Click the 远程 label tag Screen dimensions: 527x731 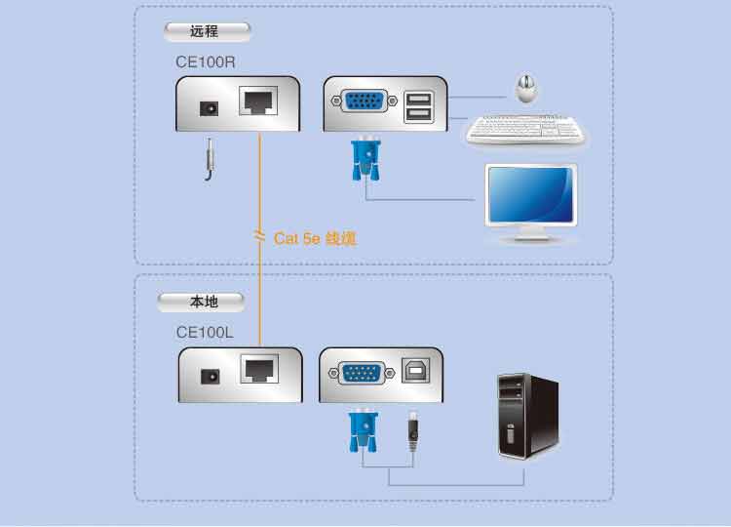click(x=206, y=31)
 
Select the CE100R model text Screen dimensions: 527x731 click(x=205, y=62)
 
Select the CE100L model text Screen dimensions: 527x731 click(x=205, y=332)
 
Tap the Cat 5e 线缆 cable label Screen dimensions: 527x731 click(x=315, y=237)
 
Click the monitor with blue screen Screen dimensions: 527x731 click(x=531, y=200)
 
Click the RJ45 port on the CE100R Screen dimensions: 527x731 click(x=259, y=101)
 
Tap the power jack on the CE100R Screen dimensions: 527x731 click(x=208, y=107)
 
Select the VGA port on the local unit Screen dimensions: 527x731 click(x=362, y=371)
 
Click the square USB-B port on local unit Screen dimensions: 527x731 click(x=410, y=371)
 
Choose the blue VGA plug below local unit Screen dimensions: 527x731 click(x=362, y=430)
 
